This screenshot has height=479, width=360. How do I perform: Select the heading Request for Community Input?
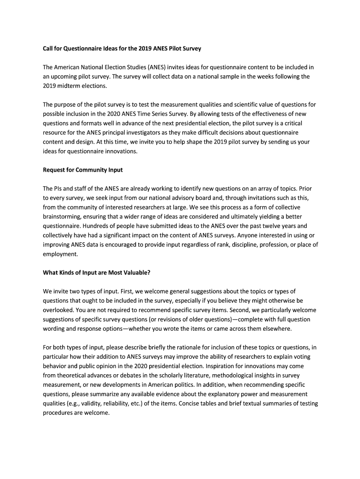pos(83,170)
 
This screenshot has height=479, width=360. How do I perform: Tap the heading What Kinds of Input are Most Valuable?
pos(96,273)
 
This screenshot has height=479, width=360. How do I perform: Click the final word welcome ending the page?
pos(96,413)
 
